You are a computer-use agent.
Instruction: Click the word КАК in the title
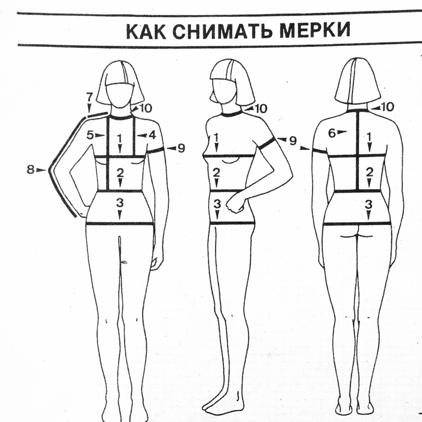click(145, 32)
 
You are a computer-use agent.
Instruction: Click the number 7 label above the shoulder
click(89, 97)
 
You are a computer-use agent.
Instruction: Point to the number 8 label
click(31, 170)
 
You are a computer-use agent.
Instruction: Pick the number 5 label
click(90, 135)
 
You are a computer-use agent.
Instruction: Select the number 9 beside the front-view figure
click(181, 148)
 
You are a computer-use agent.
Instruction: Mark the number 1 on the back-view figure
click(370, 137)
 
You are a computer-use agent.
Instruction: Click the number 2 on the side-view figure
click(216, 172)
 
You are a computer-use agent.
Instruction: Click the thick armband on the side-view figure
click(266, 144)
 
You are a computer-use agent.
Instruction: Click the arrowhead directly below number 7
click(89, 108)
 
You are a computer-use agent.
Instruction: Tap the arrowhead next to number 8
click(42, 170)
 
